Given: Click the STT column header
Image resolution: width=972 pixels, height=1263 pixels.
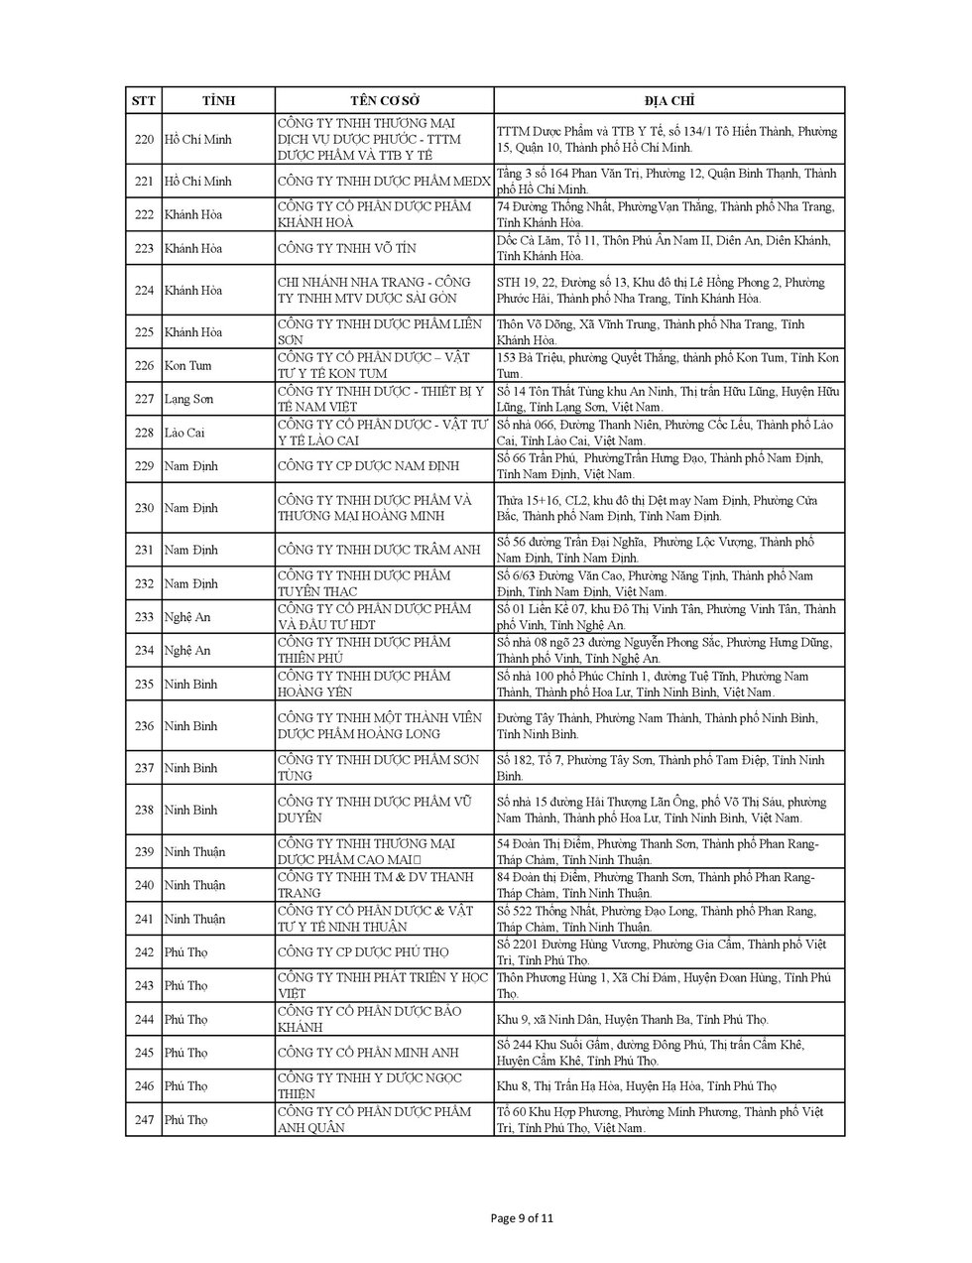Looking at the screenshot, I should [x=144, y=101].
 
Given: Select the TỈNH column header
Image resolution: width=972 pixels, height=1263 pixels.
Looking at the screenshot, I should [x=218, y=101].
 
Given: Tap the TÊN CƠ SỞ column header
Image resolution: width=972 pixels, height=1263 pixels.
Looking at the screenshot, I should [x=385, y=101].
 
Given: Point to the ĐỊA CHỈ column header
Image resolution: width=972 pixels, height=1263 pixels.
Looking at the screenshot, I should [x=668, y=101].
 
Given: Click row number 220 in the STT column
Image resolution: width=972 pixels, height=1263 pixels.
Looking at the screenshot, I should [x=144, y=139].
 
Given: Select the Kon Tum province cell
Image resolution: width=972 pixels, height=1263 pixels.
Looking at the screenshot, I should [x=189, y=365].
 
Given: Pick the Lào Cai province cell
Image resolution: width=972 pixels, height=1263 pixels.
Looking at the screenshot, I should [x=186, y=433].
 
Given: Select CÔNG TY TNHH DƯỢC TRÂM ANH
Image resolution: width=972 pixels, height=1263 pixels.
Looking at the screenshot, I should [x=379, y=550].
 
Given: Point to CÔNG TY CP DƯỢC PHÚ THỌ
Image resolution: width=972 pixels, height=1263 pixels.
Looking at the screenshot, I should [x=363, y=952].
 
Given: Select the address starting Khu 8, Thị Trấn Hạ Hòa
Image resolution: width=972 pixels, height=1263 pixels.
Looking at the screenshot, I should [x=636, y=1086].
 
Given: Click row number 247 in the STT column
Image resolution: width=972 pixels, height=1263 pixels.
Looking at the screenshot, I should [x=144, y=1120].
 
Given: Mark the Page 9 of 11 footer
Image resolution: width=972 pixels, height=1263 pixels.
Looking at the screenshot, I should [x=529, y=1219].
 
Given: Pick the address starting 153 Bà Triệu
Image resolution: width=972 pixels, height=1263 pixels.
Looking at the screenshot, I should [x=668, y=365].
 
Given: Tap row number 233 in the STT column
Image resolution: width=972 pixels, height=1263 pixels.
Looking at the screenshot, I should [x=144, y=617].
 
